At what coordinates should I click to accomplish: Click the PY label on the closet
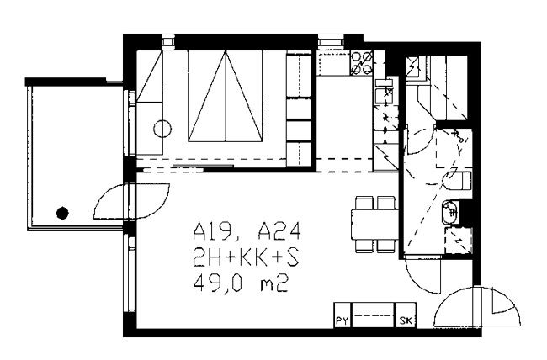click(x=343, y=321)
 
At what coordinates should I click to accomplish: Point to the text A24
click(x=279, y=231)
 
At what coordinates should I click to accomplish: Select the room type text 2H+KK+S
click(x=247, y=258)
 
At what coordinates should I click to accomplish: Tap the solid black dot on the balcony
click(x=62, y=213)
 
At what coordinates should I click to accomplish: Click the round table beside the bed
click(x=162, y=129)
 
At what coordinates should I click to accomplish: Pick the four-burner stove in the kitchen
click(x=361, y=63)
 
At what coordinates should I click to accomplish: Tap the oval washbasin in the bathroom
click(x=449, y=211)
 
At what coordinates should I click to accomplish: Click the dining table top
click(x=375, y=224)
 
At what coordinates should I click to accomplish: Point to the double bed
click(x=225, y=96)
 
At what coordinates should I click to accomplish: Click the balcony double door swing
click(x=132, y=202)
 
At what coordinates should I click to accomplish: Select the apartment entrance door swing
click(x=477, y=306)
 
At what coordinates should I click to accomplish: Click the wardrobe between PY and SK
click(x=374, y=315)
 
